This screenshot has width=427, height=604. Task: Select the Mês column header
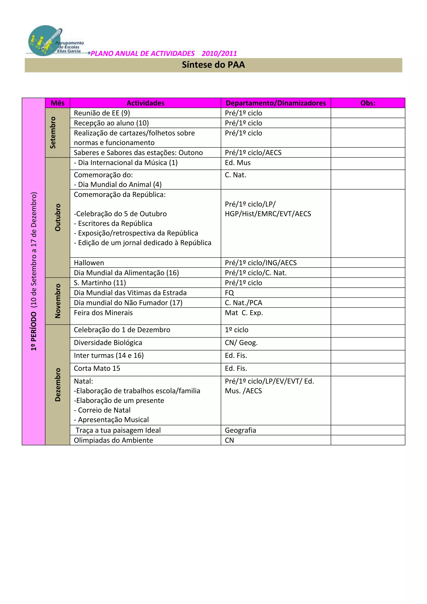coord(58,103)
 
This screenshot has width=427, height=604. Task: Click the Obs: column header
coord(368,103)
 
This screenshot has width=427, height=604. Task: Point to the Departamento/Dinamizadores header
coord(276,103)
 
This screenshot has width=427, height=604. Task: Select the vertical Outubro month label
coord(58,217)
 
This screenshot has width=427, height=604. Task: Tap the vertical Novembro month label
coord(58,301)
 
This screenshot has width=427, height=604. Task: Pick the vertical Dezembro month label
coord(58,385)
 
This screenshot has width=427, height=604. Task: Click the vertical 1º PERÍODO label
coord(34,271)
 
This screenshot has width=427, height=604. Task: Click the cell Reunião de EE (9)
coord(102,113)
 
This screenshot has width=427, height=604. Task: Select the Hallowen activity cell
coord(89,263)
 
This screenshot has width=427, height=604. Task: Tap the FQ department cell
coord(229,293)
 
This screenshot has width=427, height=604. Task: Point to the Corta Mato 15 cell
coord(97,369)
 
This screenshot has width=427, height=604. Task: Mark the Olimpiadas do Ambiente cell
coord(113,440)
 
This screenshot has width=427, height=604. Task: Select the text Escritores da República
coord(115,224)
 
